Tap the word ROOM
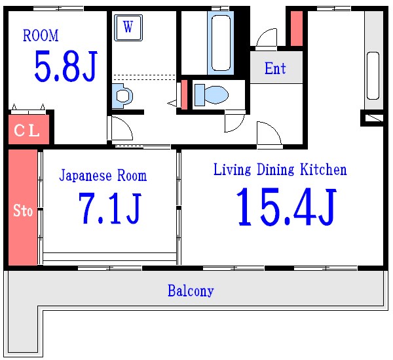click(41, 35)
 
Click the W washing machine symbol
click(128, 28)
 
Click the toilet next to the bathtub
click(212, 94)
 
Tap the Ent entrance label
click(275, 68)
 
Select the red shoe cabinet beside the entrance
click(296, 28)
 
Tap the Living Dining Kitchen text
click(280, 170)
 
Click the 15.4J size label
click(286, 207)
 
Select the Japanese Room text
click(103, 176)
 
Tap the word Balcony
click(191, 290)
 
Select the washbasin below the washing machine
click(122, 95)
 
